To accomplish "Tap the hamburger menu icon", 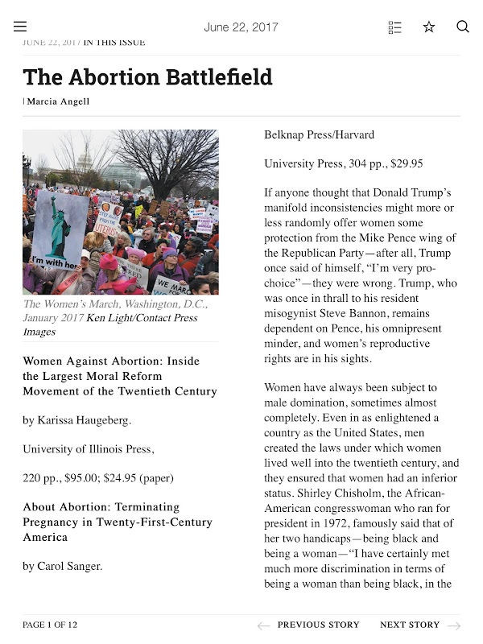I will pyautogui.click(x=20, y=27).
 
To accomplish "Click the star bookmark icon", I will pyautogui.click(x=429, y=27).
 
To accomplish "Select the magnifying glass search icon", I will pyautogui.click(x=463, y=27).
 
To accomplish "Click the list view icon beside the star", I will pyautogui.click(x=394, y=27).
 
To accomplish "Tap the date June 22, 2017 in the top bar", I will pyautogui.click(x=241, y=27).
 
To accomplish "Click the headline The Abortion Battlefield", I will pyautogui.click(x=147, y=77).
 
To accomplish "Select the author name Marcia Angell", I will pyautogui.click(x=59, y=101).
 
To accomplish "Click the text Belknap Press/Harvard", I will pyautogui.click(x=319, y=135).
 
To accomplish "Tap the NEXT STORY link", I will pyautogui.click(x=410, y=625).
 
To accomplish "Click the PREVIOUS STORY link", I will pyautogui.click(x=318, y=625).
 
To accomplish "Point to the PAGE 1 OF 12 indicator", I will pyautogui.click(x=50, y=625).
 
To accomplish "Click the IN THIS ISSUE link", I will pyautogui.click(x=114, y=42).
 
